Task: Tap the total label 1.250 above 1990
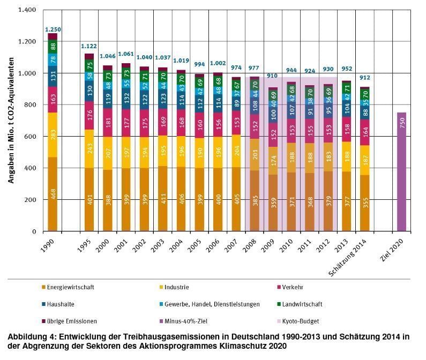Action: tap(53, 29)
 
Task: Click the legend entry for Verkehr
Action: tap(311, 287)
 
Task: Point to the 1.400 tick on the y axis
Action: tap(27, 10)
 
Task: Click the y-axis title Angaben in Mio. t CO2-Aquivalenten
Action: tap(10, 121)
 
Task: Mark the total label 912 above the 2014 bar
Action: tap(365, 78)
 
